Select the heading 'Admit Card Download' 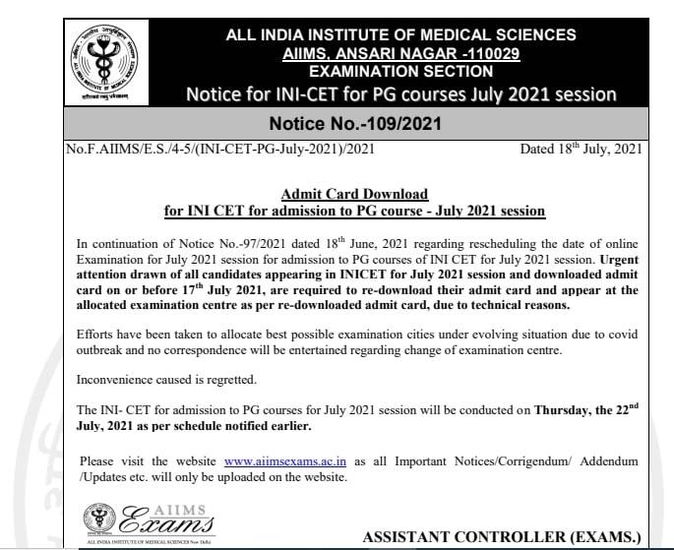click(x=355, y=195)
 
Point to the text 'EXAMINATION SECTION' click(x=400, y=72)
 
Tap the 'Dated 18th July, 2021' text click(x=581, y=150)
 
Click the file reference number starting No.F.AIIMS click(x=217, y=150)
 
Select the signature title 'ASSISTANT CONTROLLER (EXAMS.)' click(x=502, y=537)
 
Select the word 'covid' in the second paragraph click(x=623, y=335)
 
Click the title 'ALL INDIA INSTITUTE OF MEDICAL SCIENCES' click(x=400, y=35)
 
